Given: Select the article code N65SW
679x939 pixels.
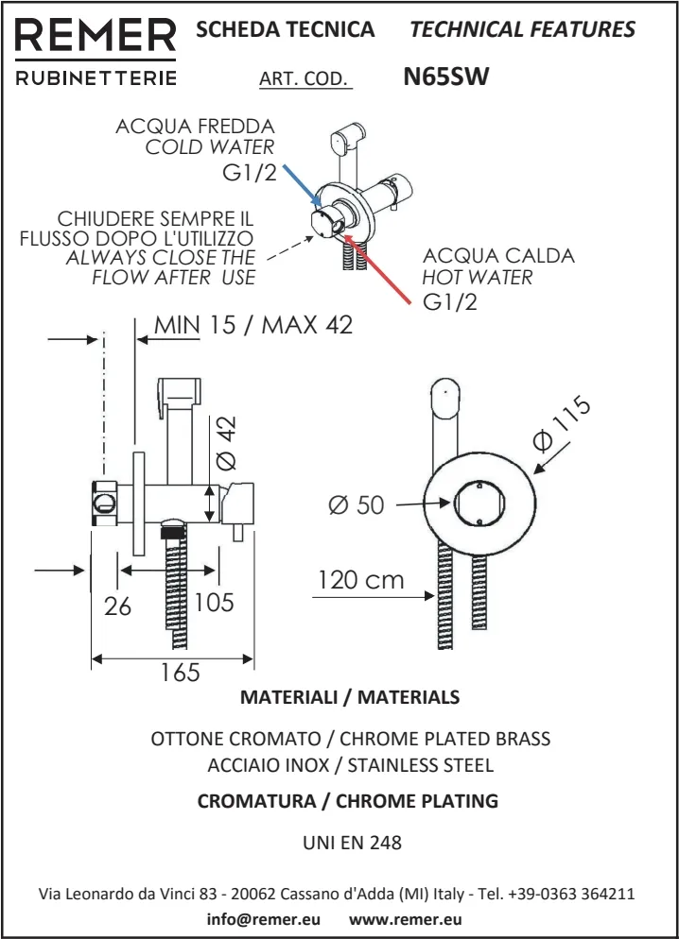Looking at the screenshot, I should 445,77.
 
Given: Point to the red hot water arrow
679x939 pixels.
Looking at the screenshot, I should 379,268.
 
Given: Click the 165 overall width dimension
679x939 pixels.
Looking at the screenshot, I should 180,673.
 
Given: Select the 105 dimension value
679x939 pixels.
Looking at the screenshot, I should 214,602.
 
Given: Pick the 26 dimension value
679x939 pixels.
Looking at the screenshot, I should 117,606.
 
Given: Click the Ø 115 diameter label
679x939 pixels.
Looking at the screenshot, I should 561,424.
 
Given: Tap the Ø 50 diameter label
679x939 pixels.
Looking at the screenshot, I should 357,505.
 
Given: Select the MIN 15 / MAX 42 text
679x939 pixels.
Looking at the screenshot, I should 253,325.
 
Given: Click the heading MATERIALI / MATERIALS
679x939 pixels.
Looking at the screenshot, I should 350,698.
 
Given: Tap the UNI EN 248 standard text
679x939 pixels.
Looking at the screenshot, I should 351,843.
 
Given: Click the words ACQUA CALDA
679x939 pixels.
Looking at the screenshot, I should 498,256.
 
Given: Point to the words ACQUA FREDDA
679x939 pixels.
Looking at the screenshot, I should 195,127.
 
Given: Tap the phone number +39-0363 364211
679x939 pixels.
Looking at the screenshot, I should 571,894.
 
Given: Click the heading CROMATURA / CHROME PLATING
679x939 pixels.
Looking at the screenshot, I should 347,801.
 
